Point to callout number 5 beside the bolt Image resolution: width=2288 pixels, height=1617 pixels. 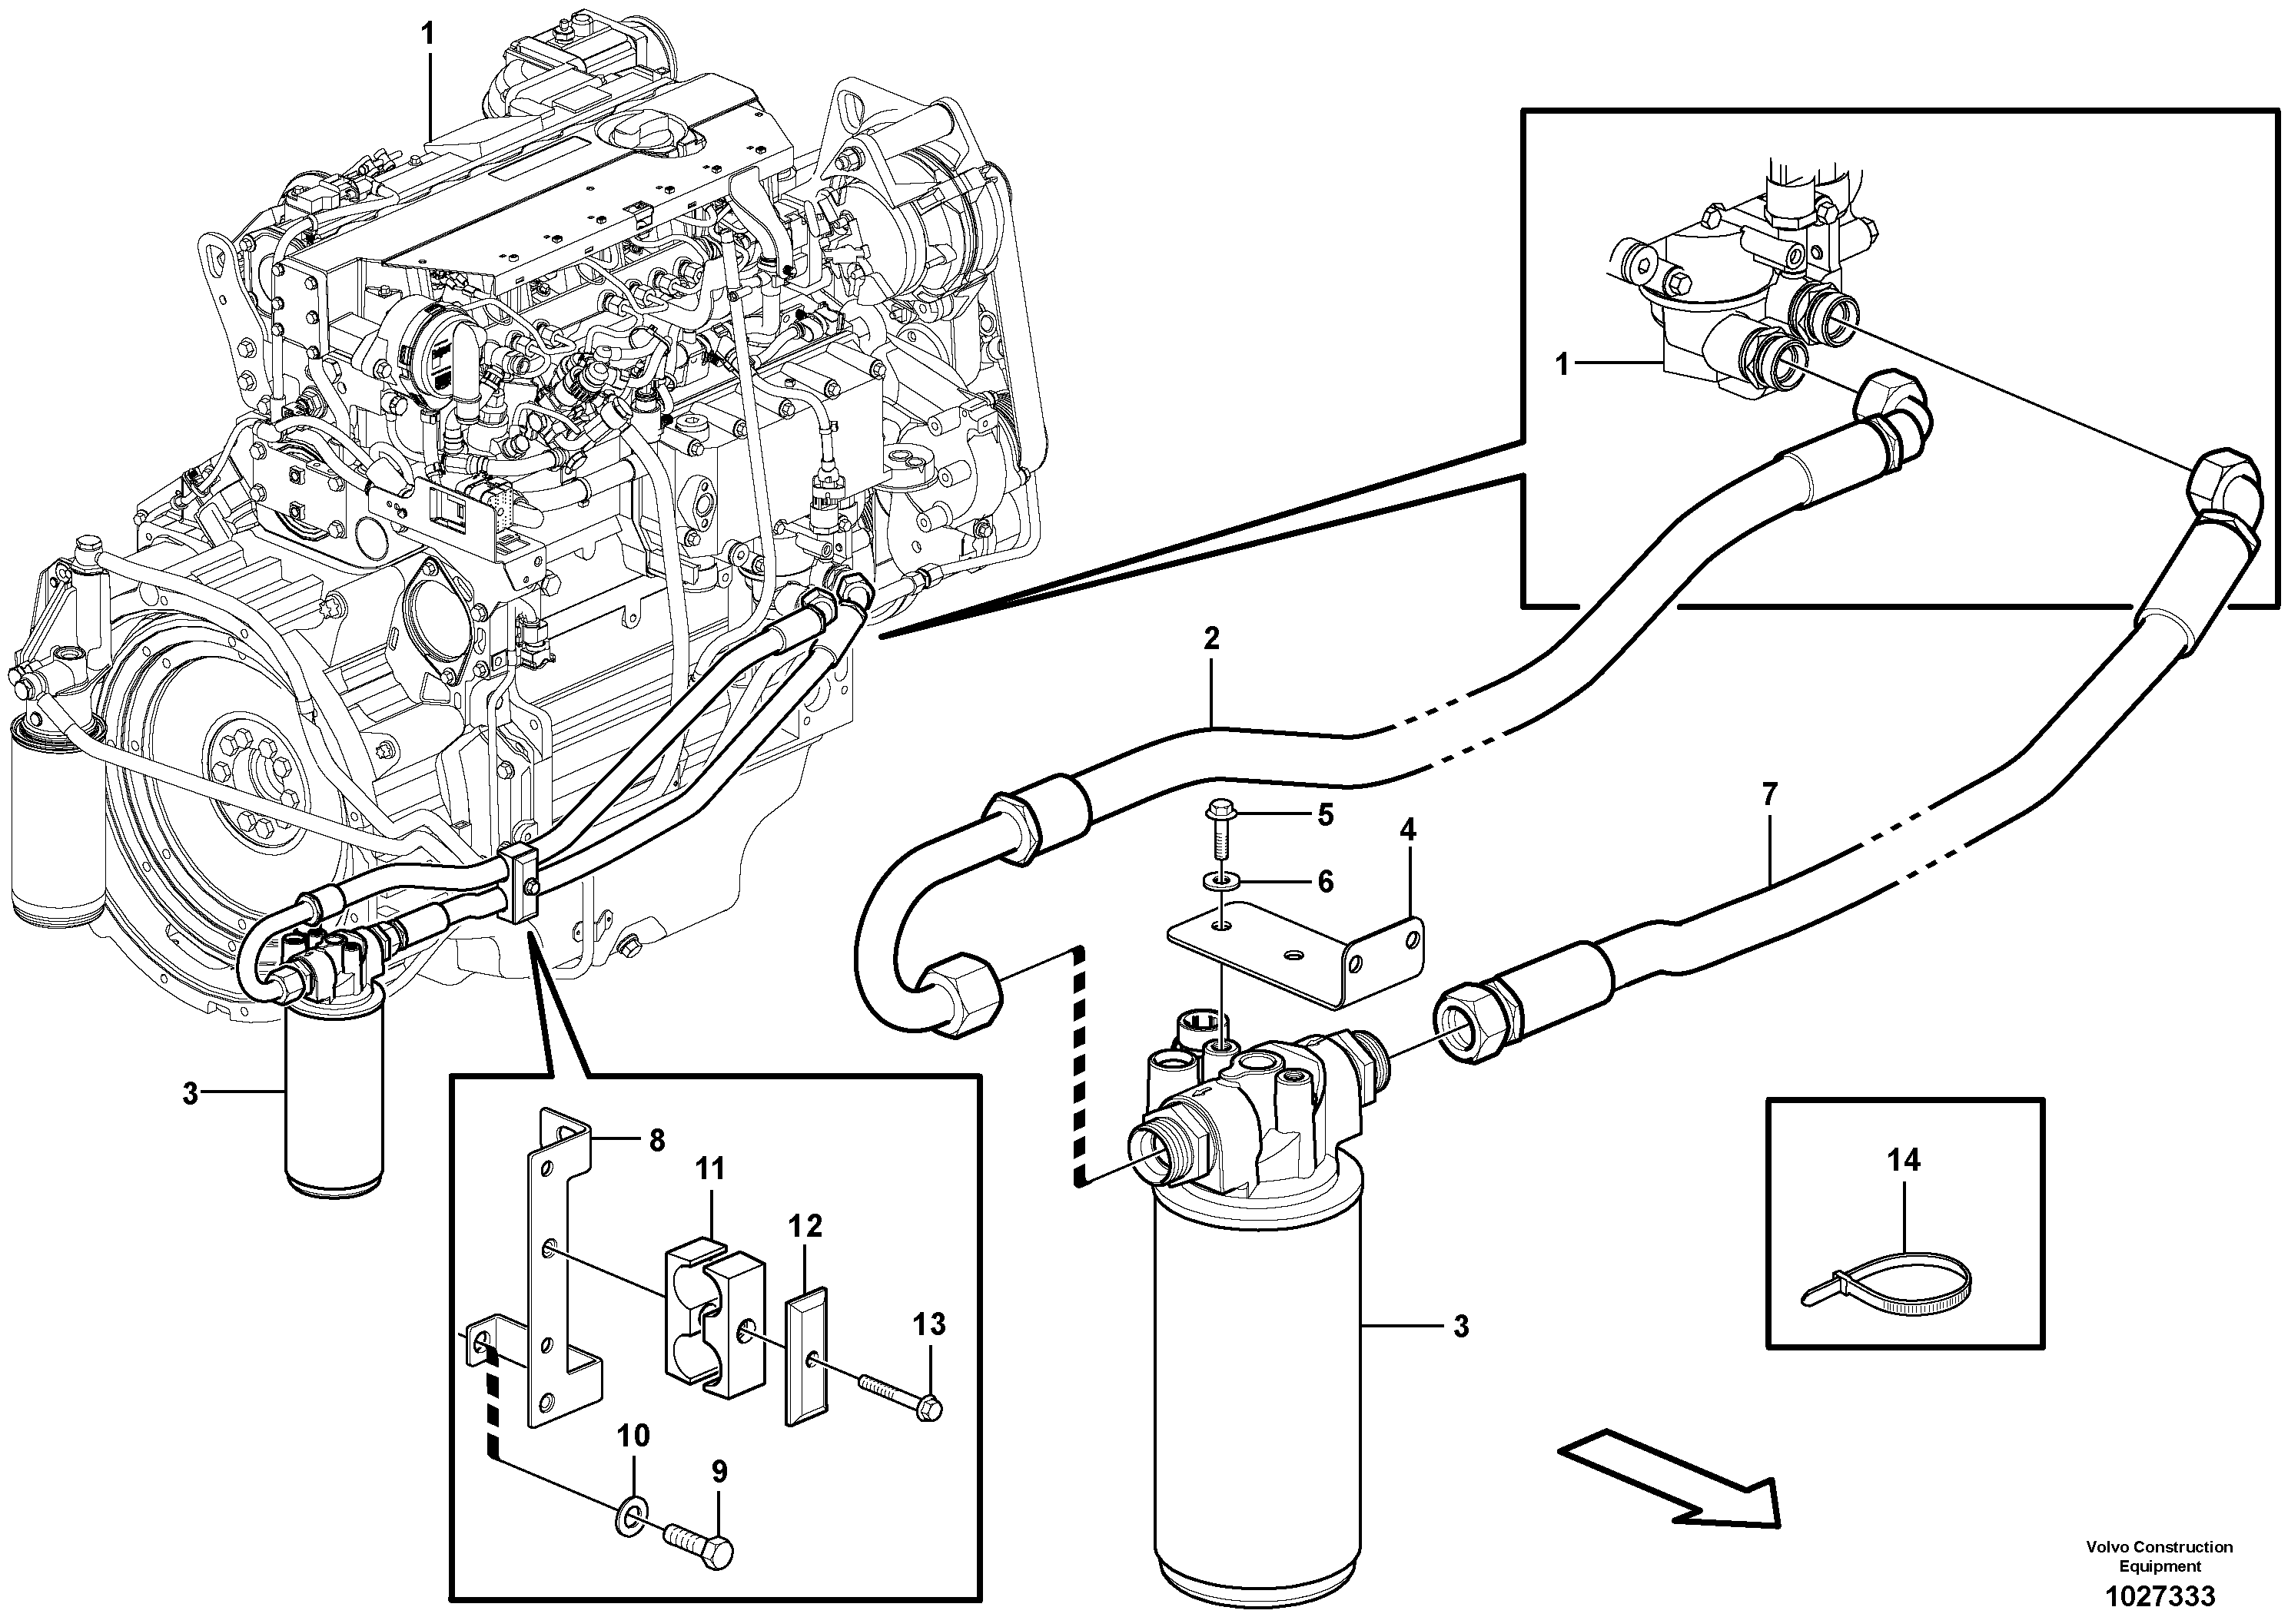1324,815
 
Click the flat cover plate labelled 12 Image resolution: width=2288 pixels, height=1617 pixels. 806,1356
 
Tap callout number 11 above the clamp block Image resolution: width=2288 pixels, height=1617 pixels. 709,1168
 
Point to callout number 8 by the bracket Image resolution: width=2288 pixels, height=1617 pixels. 656,1140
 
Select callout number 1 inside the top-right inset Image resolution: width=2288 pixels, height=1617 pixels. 1562,366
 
